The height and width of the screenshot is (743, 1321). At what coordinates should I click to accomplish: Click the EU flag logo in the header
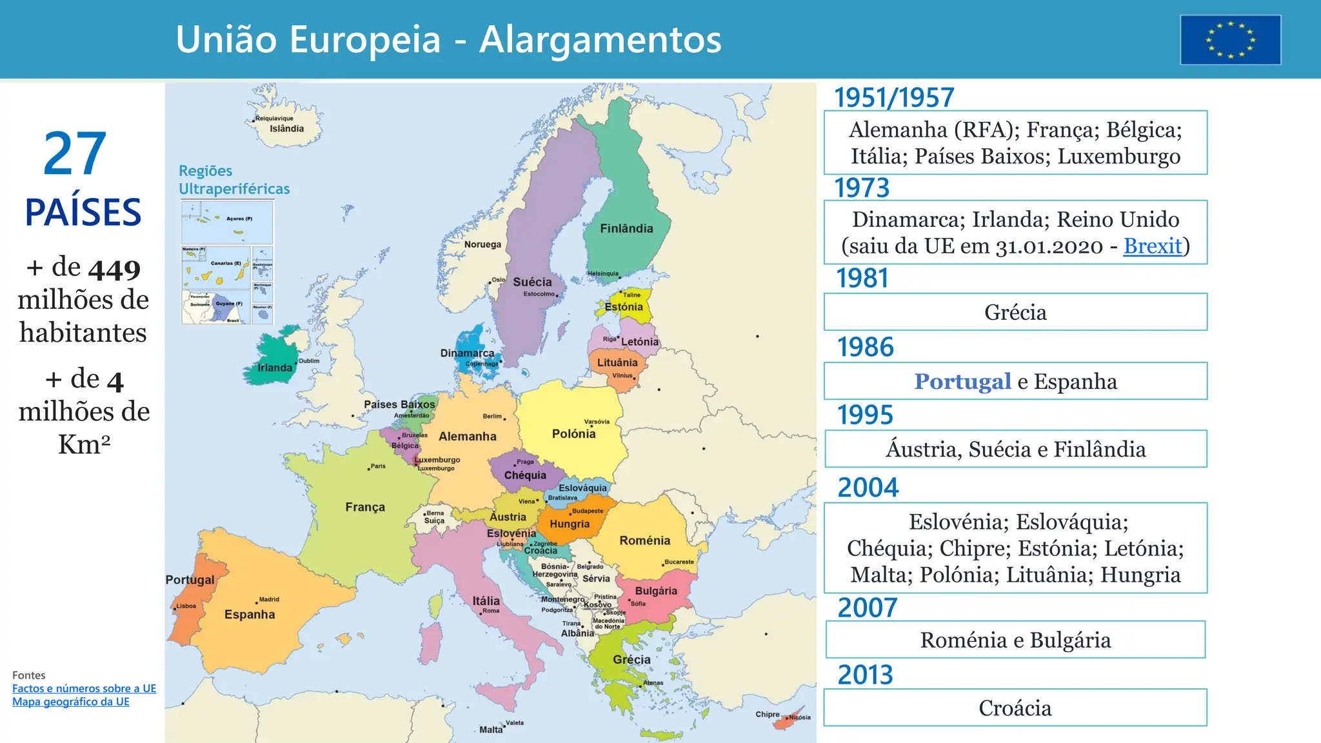[x=1230, y=40]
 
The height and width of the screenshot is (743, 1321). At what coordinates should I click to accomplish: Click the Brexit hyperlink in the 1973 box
[x=1152, y=246]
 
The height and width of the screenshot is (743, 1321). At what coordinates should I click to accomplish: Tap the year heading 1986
[x=865, y=347]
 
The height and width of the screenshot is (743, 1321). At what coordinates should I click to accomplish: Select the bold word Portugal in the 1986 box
[x=962, y=381]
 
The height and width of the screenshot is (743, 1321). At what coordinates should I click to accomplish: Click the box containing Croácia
[x=1015, y=708]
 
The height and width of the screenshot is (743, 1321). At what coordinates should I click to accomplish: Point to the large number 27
[x=75, y=154]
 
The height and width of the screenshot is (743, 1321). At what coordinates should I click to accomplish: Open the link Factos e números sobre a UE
[x=84, y=688]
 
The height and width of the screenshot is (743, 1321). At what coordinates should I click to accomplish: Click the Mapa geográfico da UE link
[x=71, y=702]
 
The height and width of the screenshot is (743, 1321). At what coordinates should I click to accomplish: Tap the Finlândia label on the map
[x=626, y=228]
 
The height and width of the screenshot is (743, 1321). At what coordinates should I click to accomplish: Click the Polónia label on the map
[x=573, y=433]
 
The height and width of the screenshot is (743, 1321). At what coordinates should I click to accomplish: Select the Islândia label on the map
[x=286, y=128]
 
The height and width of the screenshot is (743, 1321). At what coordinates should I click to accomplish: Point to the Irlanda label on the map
[x=275, y=368]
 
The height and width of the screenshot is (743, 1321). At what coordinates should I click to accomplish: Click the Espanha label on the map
[x=250, y=614]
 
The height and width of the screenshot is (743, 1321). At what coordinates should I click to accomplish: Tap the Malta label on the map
[x=490, y=729]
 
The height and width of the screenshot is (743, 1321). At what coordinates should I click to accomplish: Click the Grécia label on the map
[x=631, y=659]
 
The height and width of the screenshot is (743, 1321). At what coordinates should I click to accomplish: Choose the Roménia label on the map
[x=644, y=540]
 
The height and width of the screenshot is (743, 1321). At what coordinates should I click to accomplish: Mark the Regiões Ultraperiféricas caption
[x=233, y=180]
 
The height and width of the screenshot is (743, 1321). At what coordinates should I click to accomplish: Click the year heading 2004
[x=868, y=487]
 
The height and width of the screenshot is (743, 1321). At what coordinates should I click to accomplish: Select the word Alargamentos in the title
[x=600, y=39]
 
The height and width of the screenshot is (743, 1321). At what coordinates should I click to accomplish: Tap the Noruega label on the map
[x=482, y=244]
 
